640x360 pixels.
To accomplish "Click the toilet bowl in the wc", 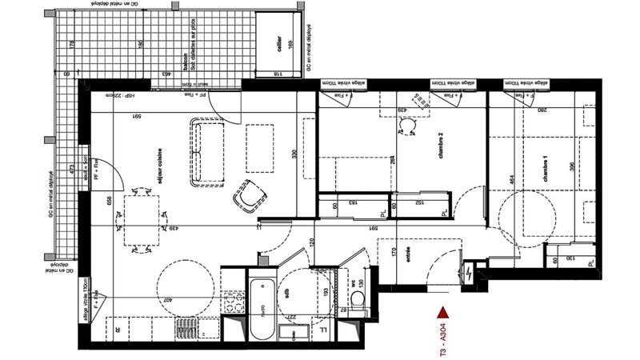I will click(357, 300).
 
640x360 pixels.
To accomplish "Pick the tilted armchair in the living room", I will click(250, 196).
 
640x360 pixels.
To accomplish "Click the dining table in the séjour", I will click(145, 220).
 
